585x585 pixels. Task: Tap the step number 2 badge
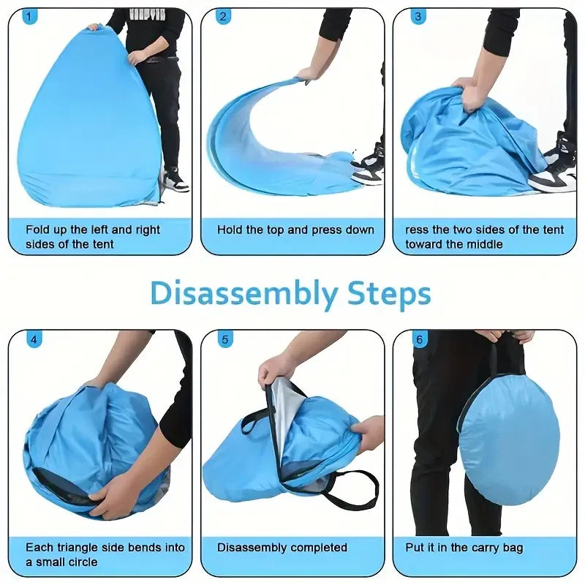click(x=223, y=16)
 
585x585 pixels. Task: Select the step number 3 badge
click(x=418, y=16)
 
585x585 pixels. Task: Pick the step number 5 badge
click(x=224, y=339)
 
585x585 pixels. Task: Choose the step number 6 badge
click(x=419, y=339)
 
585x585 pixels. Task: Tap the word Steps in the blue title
click(x=389, y=295)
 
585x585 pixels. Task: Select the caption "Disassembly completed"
click(x=282, y=547)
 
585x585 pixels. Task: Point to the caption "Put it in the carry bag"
click(x=464, y=547)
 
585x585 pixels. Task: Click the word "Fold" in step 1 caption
click(x=38, y=230)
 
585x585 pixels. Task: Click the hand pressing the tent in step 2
click(x=307, y=73)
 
